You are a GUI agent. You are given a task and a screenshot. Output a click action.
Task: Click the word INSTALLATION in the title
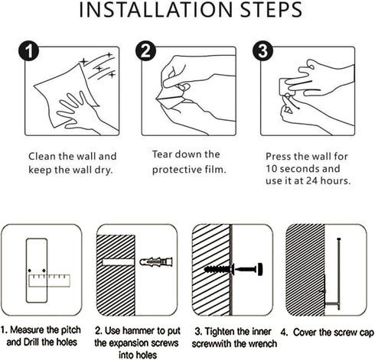point(156,10)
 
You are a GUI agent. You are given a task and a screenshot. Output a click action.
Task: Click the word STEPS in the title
point(271,10)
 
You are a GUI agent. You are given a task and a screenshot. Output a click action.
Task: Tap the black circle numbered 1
point(28,50)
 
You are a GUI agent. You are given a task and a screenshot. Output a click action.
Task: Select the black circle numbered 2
point(145,50)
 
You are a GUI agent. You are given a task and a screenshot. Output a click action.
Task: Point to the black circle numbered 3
point(262,50)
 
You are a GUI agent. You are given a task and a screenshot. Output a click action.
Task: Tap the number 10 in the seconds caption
point(272,169)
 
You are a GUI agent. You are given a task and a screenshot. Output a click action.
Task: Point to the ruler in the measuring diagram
point(49,281)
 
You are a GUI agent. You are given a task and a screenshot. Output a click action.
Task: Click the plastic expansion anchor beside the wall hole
point(156,261)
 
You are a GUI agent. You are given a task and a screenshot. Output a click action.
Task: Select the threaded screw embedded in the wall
point(218,269)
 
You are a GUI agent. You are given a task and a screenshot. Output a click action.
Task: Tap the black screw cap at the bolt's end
point(260,269)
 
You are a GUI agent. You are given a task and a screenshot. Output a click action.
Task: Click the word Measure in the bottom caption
point(27,330)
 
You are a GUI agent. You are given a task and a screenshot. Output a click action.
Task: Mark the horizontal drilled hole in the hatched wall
point(118,262)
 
